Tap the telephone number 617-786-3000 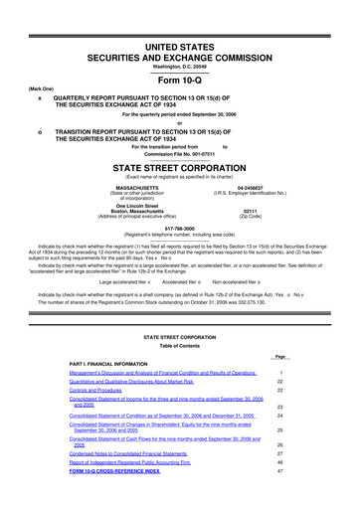(180, 226)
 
